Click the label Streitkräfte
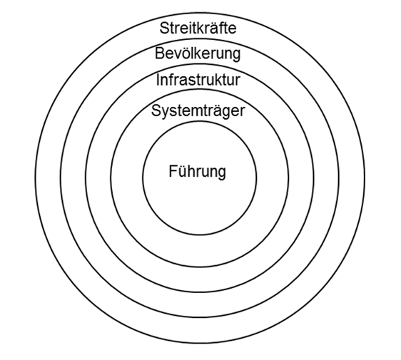coord(198,28)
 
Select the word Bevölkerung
coord(198,54)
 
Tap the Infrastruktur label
coord(198,80)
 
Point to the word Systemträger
coord(198,111)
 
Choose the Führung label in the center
coord(197,172)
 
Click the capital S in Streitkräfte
coord(165,28)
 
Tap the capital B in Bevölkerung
coord(160,53)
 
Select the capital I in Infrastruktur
coord(158,80)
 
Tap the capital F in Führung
coord(173,171)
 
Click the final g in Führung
coord(222,174)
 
